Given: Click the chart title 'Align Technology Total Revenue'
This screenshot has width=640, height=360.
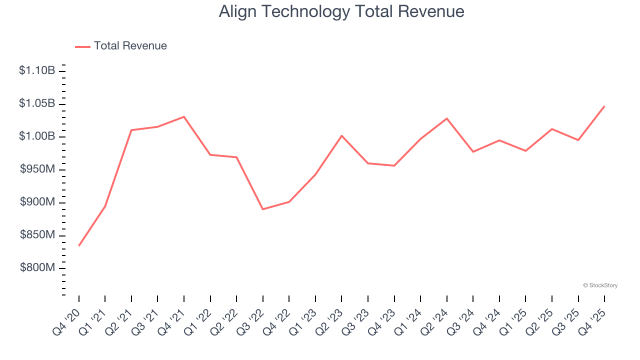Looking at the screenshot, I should pos(341,11).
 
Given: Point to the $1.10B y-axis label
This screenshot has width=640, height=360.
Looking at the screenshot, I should pos(37,70).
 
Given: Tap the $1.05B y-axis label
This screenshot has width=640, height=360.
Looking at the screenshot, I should pos(37,103).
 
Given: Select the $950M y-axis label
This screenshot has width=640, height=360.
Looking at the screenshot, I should pos(37,169).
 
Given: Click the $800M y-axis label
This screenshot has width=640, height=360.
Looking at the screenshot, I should pos(37,268).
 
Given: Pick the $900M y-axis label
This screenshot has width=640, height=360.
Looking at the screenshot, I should pos(37,202).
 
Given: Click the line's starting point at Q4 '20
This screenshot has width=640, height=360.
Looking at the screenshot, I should pos(79,245).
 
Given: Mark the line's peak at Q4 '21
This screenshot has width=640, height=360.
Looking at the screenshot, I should pos(184,116).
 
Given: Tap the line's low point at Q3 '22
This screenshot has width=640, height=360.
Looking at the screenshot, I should pos(263,209).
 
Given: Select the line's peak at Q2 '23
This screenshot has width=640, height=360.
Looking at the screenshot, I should pos(341,135).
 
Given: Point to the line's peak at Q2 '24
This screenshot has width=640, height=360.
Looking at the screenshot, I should pos(447,118).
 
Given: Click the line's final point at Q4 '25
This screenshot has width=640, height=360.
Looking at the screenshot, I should pos(604,106).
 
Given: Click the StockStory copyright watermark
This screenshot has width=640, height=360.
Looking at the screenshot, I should pos(600,285).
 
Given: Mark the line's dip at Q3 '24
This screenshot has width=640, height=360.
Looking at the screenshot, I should pos(473,151).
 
